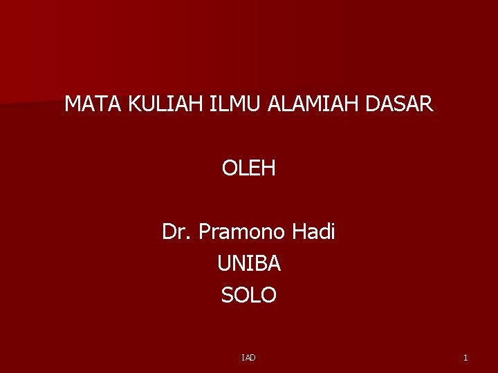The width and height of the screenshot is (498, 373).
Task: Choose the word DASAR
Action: coord(400,105)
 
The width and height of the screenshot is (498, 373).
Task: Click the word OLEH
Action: coord(249,168)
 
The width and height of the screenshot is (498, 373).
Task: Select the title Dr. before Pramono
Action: coord(177,232)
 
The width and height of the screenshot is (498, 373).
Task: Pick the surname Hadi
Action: coord(313,232)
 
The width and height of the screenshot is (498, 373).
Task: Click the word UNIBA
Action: coord(249,264)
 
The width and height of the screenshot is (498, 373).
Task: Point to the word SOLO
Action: coord(249,296)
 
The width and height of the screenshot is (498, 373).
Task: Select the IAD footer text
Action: coord(249,357)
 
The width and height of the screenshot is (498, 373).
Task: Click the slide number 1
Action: coord(465,357)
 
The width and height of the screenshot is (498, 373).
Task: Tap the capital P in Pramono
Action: coord(205,232)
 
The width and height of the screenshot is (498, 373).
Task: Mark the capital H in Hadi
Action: coord(298,232)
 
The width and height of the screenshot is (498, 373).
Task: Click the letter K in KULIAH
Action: coord(133,105)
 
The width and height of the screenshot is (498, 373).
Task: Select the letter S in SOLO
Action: coord(228,296)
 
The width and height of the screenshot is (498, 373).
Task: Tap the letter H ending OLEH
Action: coord(268,168)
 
